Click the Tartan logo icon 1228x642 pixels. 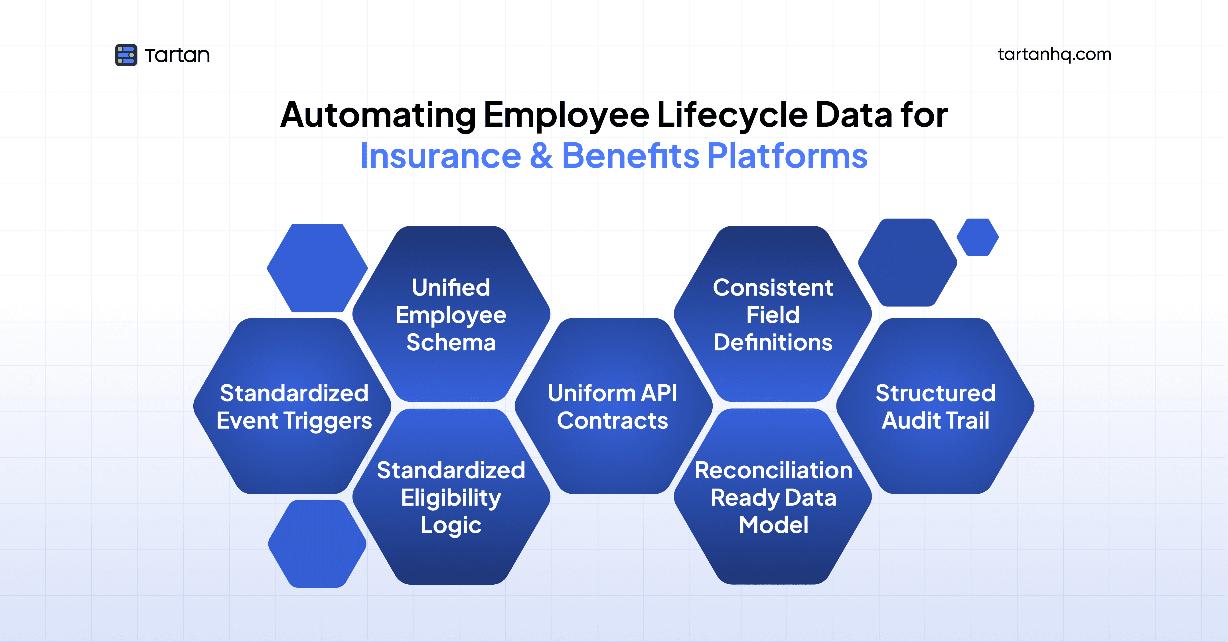pos(126,55)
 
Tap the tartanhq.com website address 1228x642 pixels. pos(1054,54)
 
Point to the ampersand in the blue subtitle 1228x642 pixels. pos(541,156)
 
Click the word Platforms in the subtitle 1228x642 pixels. pos(787,156)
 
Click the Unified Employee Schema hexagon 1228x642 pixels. pos(451,314)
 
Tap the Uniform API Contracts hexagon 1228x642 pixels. pos(613,406)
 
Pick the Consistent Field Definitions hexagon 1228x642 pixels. pos(773,314)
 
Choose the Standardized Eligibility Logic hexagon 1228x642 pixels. pos(451,497)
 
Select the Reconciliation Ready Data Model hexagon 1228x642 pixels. pos(773,497)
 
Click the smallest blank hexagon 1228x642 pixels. pos(977,237)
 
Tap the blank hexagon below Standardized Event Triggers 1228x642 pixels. pos(317,544)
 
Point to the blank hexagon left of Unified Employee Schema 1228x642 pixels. pos(317,268)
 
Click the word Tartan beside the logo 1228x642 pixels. pos(177,55)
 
